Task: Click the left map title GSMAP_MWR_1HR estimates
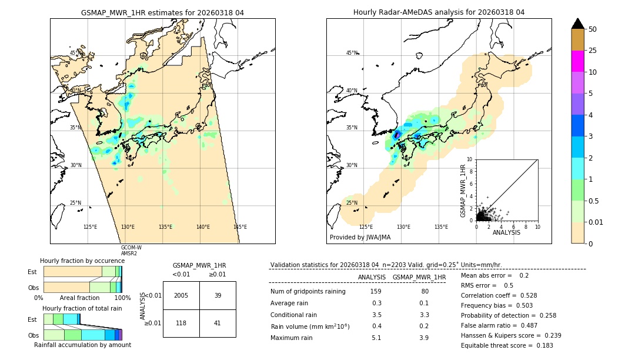[162, 12]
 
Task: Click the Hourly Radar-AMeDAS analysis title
[439, 12]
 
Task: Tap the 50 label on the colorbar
[593, 29]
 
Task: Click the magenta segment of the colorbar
[578, 61]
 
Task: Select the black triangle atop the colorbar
[578, 23]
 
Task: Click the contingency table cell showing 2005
[181, 295]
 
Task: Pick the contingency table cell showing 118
[181, 323]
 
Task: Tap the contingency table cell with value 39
[218, 295]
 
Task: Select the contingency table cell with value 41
[218, 323]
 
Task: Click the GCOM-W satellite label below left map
[131, 248]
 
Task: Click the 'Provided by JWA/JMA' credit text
[360, 237]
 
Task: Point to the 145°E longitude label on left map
[240, 227]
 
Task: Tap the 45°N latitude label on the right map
[352, 53]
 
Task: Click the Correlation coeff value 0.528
[524, 295]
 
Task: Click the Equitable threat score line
[507, 345]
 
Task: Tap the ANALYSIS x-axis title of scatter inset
[506, 232]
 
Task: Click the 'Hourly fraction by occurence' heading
[82, 261]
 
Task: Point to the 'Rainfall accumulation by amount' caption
[82, 345]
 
